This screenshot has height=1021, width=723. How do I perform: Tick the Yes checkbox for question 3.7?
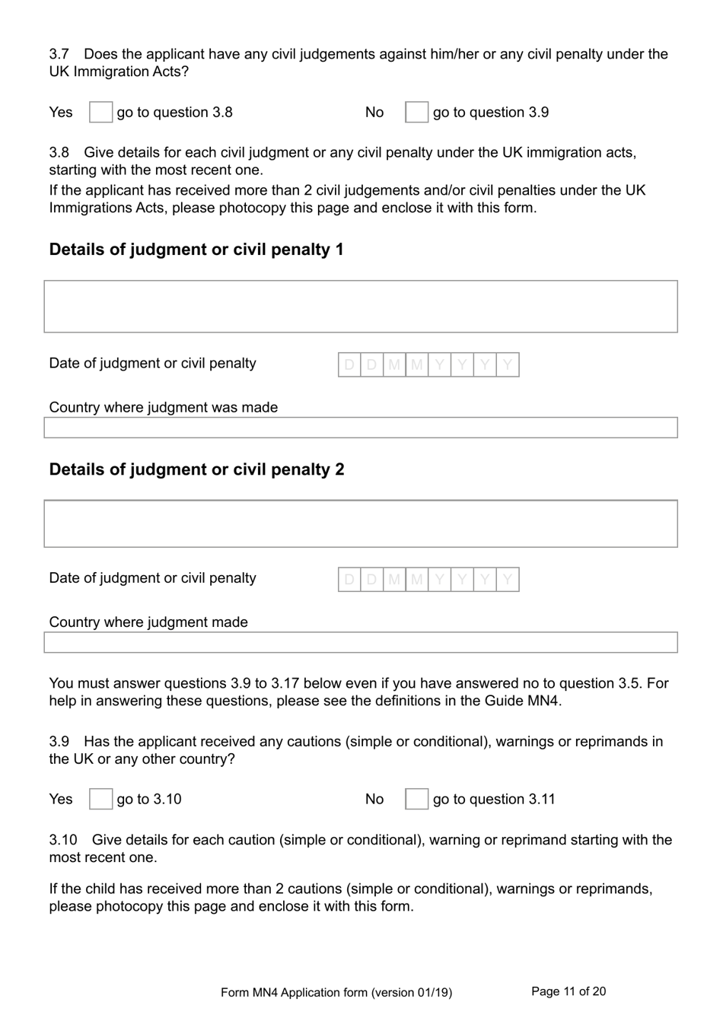[100, 113]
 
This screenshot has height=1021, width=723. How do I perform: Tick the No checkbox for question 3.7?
[416, 113]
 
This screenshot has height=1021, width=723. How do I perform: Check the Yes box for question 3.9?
[100, 799]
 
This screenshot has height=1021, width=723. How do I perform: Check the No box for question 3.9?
[416, 799]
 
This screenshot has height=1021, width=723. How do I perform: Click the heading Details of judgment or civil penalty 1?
[196, 250]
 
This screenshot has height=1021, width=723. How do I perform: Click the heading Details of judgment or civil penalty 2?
[196, 469]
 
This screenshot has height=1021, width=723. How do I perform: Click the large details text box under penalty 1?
[361, 307]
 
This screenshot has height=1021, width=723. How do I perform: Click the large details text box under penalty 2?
[361, 523]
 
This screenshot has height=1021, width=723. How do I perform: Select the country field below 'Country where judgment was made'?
[361, 428]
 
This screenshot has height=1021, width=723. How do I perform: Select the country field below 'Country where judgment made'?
[361, 642]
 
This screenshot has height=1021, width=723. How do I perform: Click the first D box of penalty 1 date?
[349, 365]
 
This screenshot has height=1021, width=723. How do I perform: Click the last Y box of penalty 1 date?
[508, 365]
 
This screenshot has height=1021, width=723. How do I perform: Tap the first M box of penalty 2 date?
[394, 580]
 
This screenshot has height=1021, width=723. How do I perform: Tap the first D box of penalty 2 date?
[349, 580]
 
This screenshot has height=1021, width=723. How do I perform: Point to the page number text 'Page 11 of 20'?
[569, 991]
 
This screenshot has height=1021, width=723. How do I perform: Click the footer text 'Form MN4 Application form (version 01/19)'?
[336, 992]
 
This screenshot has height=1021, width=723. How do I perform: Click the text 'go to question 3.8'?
[175, 113]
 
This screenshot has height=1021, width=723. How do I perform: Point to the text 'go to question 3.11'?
[494, 799]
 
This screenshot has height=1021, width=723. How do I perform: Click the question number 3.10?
[63, 840]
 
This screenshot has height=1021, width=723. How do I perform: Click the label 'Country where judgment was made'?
[164, 407]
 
